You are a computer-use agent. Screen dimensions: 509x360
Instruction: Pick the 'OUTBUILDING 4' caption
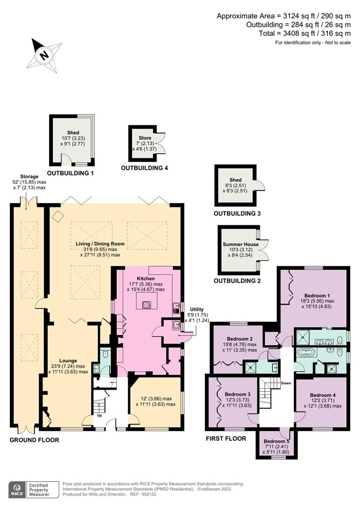[x=145, y=167]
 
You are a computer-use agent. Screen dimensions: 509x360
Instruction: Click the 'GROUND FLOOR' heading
[x=34, y=440]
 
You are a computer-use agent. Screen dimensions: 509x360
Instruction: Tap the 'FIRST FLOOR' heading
[x=226, y=438]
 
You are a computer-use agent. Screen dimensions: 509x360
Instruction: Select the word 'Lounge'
[x=69, y=361]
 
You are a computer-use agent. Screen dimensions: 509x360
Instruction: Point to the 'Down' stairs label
[x=286, y=383]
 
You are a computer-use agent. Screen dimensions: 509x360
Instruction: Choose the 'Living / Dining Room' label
[x=100, y=244]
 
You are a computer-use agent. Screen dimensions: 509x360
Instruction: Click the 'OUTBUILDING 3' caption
[x=237, y=213]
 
